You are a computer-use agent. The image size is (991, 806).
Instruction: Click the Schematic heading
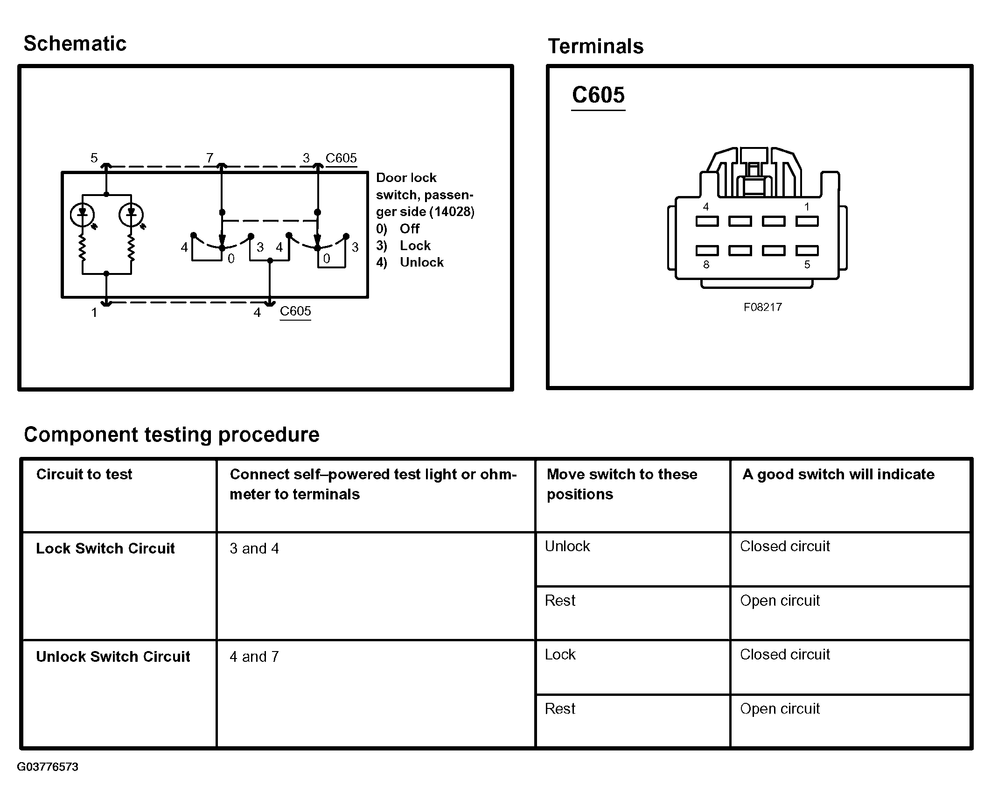pyautogui.click(x=75, y=43)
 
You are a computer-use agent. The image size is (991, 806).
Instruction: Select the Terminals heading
pyautogui.click(x=596, y=46)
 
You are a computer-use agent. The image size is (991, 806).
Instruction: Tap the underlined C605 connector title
pyautogui.click(x=598, y=95)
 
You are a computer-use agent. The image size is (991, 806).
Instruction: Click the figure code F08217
pyautogui.click(x=763, y=307)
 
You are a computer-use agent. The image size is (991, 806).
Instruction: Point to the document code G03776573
pyautogui.click(x=48, y=767)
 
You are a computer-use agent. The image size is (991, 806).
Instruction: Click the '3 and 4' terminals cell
pyautogui.click(x=254, y=548)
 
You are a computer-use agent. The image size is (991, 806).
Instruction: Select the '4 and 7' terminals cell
pyautogui.click(x=254, y=657)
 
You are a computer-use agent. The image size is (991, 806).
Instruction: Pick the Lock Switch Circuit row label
pyautogui.click(x=105, y=548)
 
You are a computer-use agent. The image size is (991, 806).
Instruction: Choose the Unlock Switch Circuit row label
pyautogui.click(x=113, y=657)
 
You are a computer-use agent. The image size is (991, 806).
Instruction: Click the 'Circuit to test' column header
pyautogui.click(x=84, y=474)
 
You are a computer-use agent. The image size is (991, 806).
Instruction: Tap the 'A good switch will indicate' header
pyautogui.click(x=838, y=474)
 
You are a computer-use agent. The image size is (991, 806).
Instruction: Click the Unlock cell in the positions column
pyautogui.click(x=567, y=546)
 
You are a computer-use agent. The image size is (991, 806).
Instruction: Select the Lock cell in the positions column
pyautogui.click(x=560, y=654)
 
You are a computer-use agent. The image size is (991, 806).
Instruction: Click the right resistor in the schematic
pyautogui.click(x=131, y=249)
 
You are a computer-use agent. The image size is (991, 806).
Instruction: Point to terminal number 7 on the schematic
pyautogui.click(x=209, y=158)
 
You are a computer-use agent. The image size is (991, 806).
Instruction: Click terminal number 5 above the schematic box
pyautogui.click(x=94, y=158)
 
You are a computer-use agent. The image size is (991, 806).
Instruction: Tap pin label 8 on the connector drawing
pyautogui.click(x=706, y=265)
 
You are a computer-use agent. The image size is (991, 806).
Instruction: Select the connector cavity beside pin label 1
pyautogui.click(x=807, y=221)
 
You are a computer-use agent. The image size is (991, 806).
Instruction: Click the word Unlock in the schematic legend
pyautogui.click(x=422, y=262)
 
